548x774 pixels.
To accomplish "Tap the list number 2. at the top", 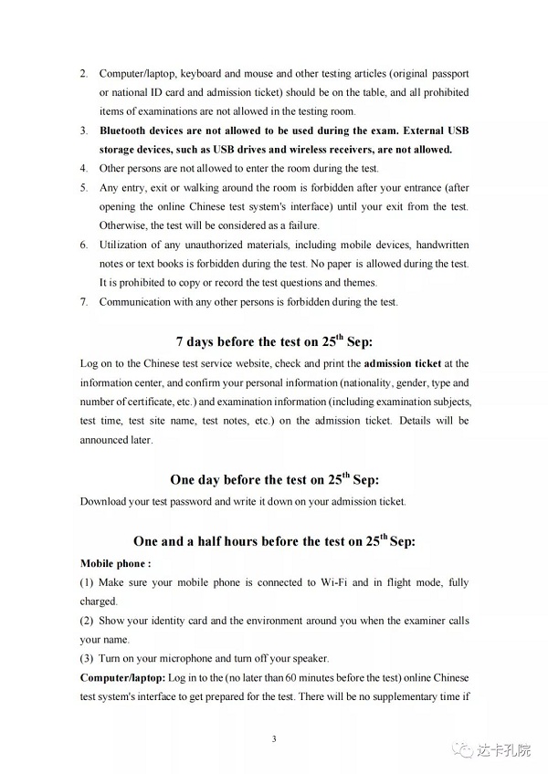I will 84,72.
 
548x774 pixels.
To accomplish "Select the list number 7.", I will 84,301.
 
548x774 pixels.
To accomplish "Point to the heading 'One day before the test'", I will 274,478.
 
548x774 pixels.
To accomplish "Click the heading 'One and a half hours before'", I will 274,540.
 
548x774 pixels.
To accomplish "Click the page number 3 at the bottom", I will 274,737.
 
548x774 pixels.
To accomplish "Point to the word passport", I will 449,72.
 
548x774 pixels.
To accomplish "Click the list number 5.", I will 84,187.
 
